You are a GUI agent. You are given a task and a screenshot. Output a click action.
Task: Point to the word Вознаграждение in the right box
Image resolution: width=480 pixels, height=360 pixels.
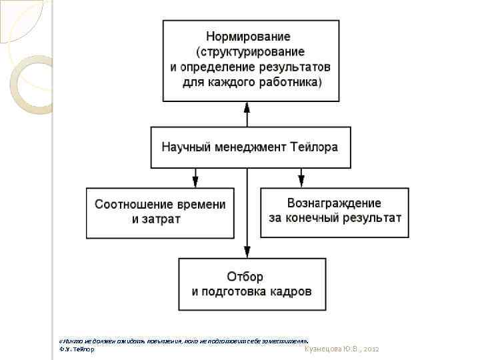pyautogui.click(x=334, y=203)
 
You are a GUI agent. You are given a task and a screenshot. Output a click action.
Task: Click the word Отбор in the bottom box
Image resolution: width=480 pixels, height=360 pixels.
pyautogui.click(x=245, y=276)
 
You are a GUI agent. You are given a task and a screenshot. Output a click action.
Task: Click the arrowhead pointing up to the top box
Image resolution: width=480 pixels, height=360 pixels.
pyautogui.click(x=247, y=107)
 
